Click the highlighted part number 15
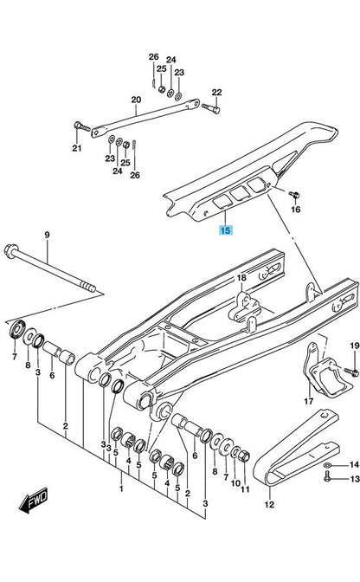click(225, 230)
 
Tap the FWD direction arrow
click(34, 501)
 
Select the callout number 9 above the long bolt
click(47, 235)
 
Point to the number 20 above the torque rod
click(136, 100)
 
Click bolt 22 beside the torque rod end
click(211, 108)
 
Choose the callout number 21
click(77, 148)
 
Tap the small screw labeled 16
click(295, 194)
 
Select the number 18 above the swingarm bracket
click(241, 278)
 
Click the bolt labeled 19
click(351, 371)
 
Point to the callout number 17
click(308, 401)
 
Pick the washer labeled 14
click(328, 465)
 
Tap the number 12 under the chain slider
click(269, 504)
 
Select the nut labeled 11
click(244, 456)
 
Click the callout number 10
click(235, 483)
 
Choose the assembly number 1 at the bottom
click(121, 488)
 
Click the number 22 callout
click(216, 92)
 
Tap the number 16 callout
click(295, 210)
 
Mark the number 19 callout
click(355, 346)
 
